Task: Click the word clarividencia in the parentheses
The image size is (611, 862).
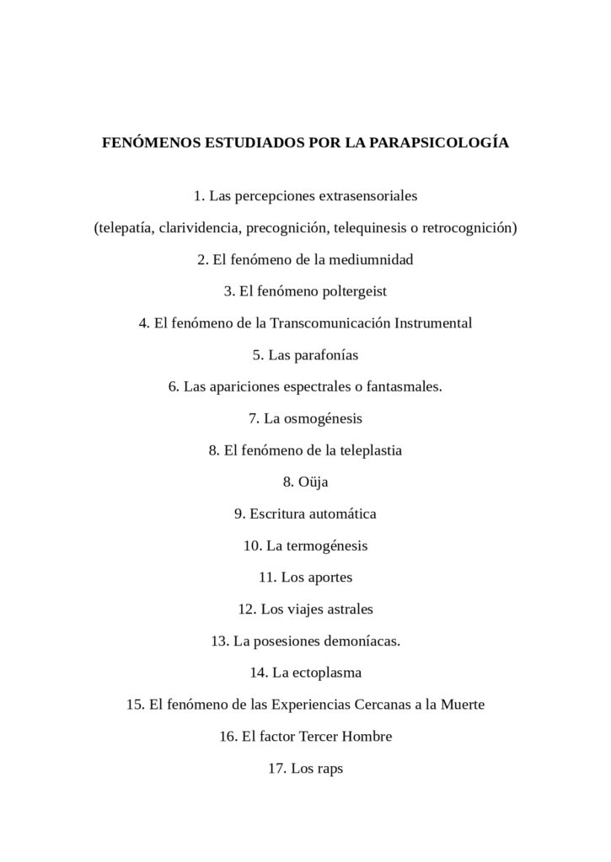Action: pyautogui.click(x=201, y=228)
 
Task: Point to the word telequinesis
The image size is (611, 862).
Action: pyautogui.click(x=373, y=228)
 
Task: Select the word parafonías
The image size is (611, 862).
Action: pyautogui.click(x=325, y=355)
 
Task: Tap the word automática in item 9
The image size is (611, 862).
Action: pyautogui.click(x=343, y=513)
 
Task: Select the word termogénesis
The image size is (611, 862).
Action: pyautogui.click(x=328, y=545)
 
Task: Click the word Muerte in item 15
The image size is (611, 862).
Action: pyautogui.click(x=461, y=705)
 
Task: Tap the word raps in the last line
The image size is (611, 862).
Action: pyautogui.click(x=330, y=768)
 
